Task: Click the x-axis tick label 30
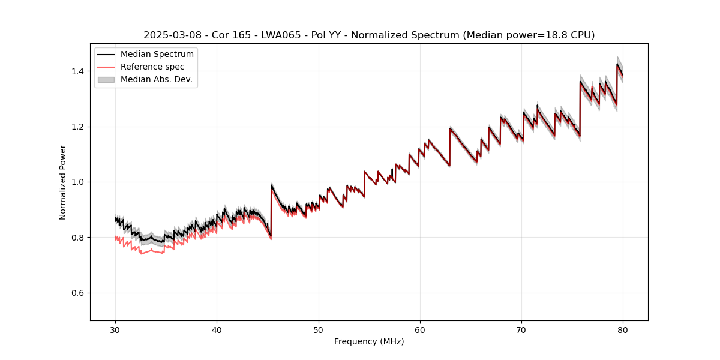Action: pos(116,329)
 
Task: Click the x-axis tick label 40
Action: pos(217,329)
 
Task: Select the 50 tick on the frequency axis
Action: pos(319,329)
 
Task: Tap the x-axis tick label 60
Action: pos(420,329)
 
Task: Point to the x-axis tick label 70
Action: pos(521,329)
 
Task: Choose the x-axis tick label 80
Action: pos(623,329)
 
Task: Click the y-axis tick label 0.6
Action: pos(79,293)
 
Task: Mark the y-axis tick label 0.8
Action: pos(79,238)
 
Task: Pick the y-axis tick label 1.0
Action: pos(79,182)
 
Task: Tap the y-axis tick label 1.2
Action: pos(79,127)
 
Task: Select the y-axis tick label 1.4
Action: pos(79,71)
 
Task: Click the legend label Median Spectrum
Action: pos(157,55)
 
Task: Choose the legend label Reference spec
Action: pos(152,67)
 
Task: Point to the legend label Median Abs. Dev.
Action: pos(156,79)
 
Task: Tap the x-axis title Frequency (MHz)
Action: pos(369,341)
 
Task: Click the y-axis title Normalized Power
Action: pos(63,182)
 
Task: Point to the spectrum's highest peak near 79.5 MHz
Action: pos(617,64)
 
